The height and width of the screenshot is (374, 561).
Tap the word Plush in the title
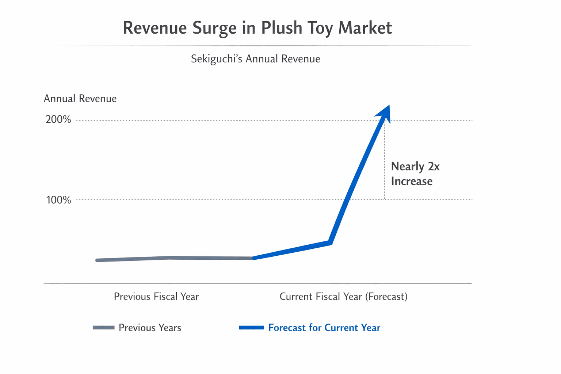coord(282,28)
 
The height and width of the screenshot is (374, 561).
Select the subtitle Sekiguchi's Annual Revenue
coord(255,59)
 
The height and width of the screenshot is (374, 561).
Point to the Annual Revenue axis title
coord(80,99)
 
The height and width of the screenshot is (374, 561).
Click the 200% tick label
coord(58,120)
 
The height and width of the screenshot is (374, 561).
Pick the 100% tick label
coord(58,200)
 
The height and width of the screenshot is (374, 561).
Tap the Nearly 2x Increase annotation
coord(415,174)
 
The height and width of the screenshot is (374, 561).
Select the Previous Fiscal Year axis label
coord(156,296)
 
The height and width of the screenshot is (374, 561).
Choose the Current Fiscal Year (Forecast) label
coord(343,296)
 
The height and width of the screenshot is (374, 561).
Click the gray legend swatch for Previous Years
coord(104,328)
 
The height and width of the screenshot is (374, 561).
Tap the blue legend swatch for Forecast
coord(251,328)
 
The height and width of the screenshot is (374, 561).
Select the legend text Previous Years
coord(150,328)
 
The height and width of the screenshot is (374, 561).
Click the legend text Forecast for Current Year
coord(324,328)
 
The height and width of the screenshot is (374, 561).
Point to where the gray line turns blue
coord(252,258)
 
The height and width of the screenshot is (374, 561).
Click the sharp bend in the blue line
coord(330,243)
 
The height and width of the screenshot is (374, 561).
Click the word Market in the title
coord(365,28)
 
